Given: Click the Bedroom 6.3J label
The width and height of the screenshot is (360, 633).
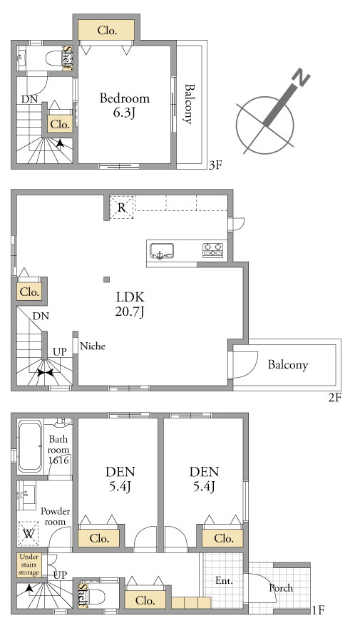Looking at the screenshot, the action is [x=124, y=105].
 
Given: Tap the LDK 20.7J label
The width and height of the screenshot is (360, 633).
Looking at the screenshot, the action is [x=130, y=304].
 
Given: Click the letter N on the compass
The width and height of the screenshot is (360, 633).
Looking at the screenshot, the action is [x=301, y=78].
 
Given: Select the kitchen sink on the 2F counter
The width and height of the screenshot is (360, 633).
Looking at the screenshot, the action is [x=162, y=251].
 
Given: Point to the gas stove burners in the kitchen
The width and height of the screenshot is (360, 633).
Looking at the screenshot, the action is [x=212, y=250].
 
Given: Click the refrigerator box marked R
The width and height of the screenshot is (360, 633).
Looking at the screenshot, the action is [x=121, y=207].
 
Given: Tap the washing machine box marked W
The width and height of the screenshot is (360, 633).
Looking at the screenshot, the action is [x=29, y=534].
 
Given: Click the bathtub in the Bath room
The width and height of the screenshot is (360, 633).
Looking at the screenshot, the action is [x=30, y=446].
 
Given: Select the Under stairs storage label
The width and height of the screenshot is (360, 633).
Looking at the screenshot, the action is [x=29, y=565].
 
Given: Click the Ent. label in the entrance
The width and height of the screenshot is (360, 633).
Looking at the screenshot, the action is [x=224, y=581].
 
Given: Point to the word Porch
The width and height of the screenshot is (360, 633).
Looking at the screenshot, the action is [x=281, y=588].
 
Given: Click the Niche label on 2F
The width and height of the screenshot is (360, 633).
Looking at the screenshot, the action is [x=93, y=346].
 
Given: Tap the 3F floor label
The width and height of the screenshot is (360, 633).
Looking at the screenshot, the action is [x=215, y=165].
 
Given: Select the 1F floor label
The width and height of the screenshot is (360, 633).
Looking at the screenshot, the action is [x=318, y=609].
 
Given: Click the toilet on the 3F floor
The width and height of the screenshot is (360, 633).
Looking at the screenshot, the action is [x=54, y=58].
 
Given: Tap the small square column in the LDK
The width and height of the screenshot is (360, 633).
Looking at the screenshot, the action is [x=106, y=279].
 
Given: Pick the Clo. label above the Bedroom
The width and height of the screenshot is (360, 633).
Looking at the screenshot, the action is [x=107, y=31].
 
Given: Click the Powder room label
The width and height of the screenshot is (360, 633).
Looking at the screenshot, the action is [x=56, y=516].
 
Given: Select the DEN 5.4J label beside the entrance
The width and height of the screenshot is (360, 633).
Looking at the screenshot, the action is [x=205, y=479].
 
